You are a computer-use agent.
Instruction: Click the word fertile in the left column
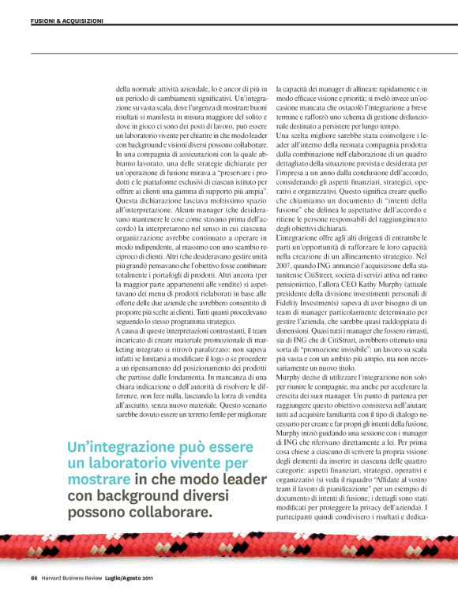[x=208, y=412]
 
